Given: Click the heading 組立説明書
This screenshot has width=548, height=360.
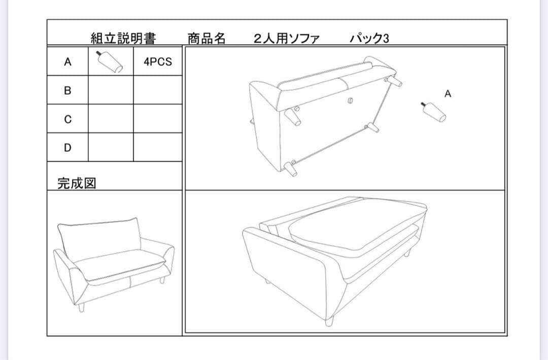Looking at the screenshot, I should coord(123,39).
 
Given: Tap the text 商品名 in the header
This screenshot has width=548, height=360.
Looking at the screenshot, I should coord(206,39).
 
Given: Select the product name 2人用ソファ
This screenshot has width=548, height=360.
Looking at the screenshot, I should coord(287,39).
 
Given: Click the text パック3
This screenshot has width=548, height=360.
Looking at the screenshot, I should coord(369,39).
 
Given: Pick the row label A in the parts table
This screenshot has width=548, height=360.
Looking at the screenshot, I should coord(67,62).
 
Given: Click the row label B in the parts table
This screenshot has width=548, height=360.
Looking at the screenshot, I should coord(67,91).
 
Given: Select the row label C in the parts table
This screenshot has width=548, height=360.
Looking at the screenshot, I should coord(67,120).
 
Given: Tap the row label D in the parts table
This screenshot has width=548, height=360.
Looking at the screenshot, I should coord(67,148).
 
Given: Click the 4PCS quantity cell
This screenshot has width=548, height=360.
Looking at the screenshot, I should coord(158,62).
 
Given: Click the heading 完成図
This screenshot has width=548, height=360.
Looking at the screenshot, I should coord(77,183).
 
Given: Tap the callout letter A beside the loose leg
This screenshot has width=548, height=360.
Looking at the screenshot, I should coord(448,94).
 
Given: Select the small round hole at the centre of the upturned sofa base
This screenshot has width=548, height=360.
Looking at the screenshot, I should coord(350,100).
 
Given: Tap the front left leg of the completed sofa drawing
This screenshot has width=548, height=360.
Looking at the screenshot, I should coord(81,306).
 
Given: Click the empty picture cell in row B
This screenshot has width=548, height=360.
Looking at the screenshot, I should coord(111,91).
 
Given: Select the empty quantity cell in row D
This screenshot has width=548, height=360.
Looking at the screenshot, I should coord(158,148).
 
